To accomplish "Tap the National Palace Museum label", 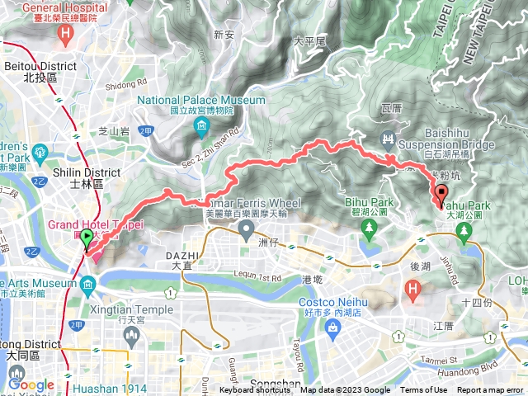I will [x=201, y=101].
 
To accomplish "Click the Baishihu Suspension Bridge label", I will [x=460, y=139].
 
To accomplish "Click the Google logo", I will [x=31, y=384].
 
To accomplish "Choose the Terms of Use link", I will [x=423, y=390].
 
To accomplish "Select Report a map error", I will [x=491, y=390].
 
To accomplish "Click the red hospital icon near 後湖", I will [x=412, y=289].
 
